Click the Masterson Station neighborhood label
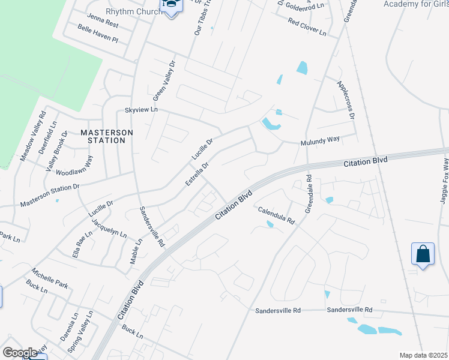pos(103,136)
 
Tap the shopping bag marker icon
pos(423,254)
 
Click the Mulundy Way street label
pos(320,140)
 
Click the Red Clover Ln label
pos(307,26)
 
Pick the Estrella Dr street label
pos(197,173)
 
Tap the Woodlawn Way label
pos(74,166)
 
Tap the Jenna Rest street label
pos(103,17)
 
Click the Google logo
pos(19,353)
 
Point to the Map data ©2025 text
pos(423,355)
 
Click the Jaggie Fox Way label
pos(444,181)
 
